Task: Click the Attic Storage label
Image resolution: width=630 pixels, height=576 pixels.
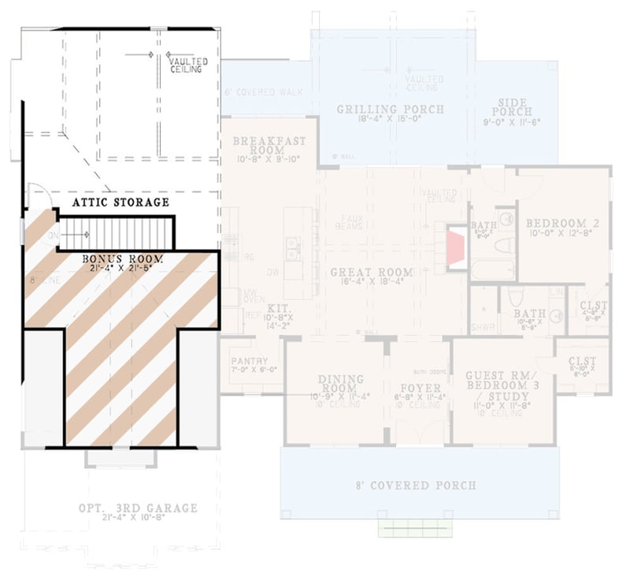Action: point(120,203)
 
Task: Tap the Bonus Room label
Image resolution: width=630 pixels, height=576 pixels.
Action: point(122,258)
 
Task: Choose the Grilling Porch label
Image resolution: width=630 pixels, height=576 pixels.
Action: point(391,109)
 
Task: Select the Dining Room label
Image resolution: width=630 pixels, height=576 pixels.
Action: point(341,384)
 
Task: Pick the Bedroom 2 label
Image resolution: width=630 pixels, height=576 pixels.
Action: point(562,224)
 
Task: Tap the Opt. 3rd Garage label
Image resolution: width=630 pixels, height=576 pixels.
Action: point(138,508)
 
